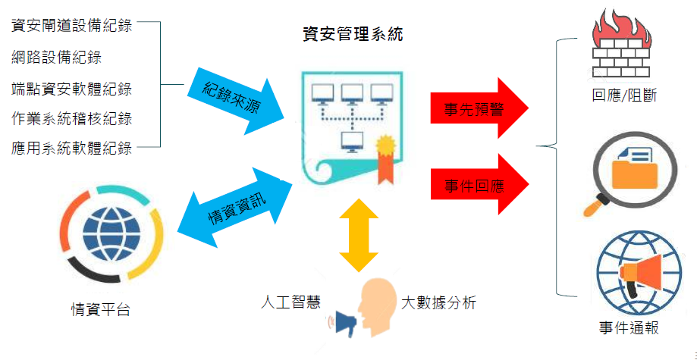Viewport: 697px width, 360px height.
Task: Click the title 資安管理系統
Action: point(352,34)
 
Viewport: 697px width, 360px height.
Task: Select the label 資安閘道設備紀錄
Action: point(72,25)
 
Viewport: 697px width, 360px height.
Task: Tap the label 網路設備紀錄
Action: point(57,56)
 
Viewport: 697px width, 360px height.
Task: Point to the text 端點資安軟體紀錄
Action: point(72,89)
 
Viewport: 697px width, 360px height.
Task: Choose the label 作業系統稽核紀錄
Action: point(72,118)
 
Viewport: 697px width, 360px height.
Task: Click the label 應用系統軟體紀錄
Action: point(72,148)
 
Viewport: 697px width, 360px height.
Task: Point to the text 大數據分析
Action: point(438,302)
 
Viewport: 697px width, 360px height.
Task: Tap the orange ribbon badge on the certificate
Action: point(385,155)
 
